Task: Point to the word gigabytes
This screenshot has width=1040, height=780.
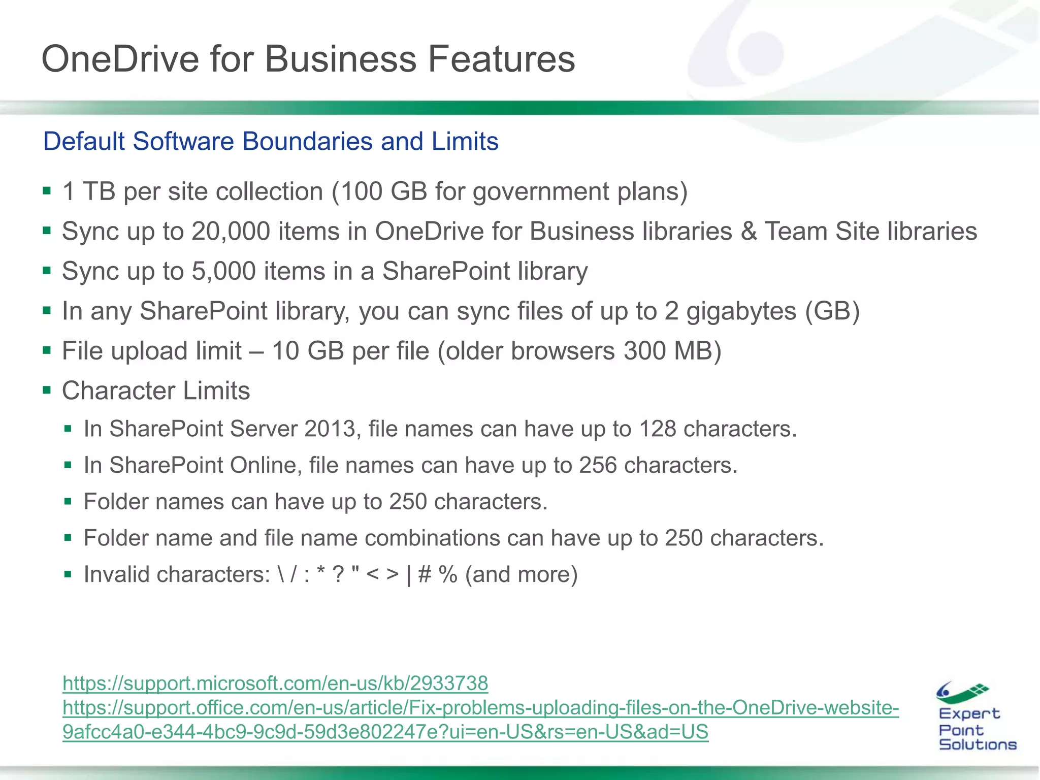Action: point(741,311)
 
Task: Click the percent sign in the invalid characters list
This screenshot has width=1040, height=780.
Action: point(448,575)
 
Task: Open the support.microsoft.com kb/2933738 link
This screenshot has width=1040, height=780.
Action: point(275,684)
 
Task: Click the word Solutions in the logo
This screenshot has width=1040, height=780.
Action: point(978,744)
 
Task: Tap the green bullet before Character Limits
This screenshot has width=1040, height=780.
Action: point(47,391)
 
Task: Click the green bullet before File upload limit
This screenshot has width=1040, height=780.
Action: point(47,350)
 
